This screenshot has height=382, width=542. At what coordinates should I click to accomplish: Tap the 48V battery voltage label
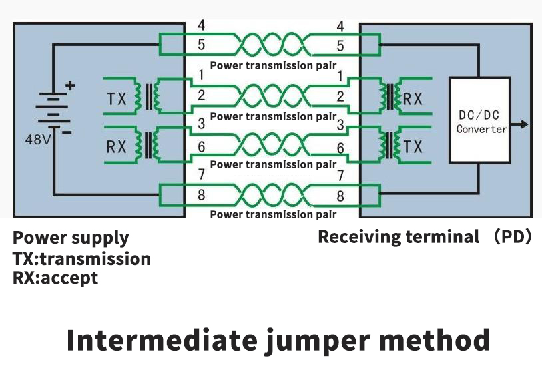coord(37,140)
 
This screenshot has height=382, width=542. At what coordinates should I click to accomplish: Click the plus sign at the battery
coord(70,85)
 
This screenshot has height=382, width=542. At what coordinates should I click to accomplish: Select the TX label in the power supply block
coord(117,98)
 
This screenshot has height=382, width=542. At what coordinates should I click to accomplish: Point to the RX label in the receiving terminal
coord(413,98)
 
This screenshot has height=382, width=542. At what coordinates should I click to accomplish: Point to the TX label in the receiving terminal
coord(413,146)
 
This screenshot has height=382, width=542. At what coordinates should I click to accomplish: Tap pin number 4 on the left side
coord(202,27)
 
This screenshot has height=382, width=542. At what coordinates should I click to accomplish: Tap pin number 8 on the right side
coord(340,196)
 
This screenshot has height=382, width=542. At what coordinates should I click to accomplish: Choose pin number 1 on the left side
coord(202,75)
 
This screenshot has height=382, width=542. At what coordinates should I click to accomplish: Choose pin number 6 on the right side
coord(340,148)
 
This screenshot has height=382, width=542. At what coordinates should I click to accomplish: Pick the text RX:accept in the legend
coord(55,278)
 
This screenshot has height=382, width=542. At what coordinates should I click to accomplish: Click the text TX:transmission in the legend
coord(81,258)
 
